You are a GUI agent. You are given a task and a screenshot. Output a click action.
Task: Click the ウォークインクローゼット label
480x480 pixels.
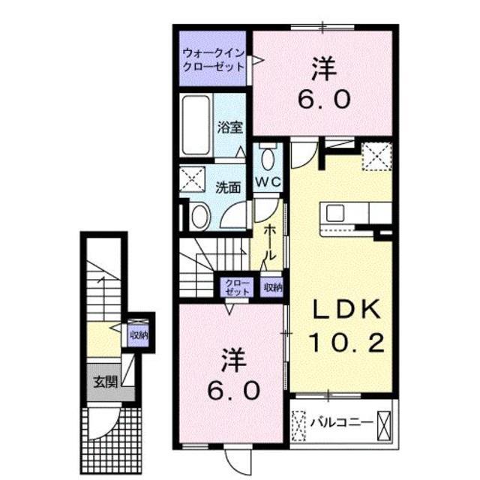pyautogui.click(x=213, y=59)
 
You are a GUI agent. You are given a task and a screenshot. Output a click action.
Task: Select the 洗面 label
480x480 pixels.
pyautogui.click(x=229, y=187)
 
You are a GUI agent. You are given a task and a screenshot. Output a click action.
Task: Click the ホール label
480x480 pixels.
pyautogui.click(x=271, y=241)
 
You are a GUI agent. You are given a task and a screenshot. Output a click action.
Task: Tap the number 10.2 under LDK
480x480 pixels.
pyautogui.click(x=347, y=343)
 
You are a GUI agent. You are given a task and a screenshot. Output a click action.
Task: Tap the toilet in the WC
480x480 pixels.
pyautogui.click(x=268, y=158)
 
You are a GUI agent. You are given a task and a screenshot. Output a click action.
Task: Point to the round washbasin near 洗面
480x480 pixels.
pyautogui.click(x=199, y=217)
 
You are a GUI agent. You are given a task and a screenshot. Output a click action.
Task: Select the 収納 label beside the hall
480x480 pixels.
pyautogui.click(x=272, y=286)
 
